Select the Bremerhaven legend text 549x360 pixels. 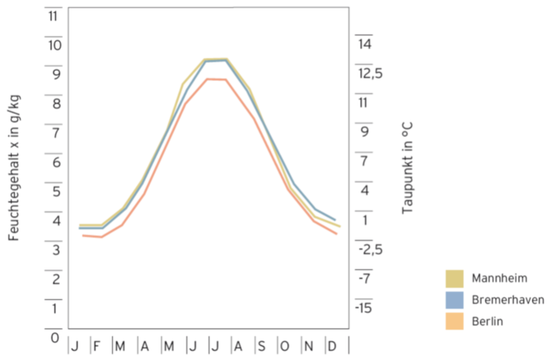[508, 300]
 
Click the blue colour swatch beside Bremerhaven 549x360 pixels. [455, 300]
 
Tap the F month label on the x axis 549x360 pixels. [97, 346]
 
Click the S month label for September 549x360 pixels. [261, 346]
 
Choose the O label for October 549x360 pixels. [285, 346]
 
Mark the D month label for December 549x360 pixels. [332, 346]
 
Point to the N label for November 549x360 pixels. [308, 346]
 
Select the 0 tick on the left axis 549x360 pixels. [54, 337]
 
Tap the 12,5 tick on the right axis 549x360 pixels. [370, 74]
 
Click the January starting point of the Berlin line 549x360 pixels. [83, 235]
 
